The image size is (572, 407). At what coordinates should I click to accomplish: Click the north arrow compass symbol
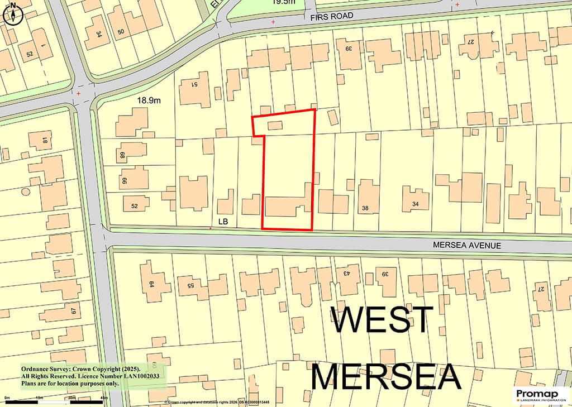(x=12, y=14)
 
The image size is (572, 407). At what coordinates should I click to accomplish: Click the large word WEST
(x=382, y=320)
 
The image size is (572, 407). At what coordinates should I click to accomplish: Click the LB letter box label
(x=223, y=222)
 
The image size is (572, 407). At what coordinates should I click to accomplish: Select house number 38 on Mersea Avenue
(x=365, y=208)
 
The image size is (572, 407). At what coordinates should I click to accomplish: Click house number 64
(x=151, y=284)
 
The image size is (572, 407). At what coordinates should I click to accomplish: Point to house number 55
(x=190, y=285)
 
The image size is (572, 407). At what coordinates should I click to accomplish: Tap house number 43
(x=346, y=274)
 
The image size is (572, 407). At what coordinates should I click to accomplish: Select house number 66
(x=124, y=180)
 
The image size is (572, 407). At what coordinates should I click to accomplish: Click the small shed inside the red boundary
(x=275, y=126)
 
